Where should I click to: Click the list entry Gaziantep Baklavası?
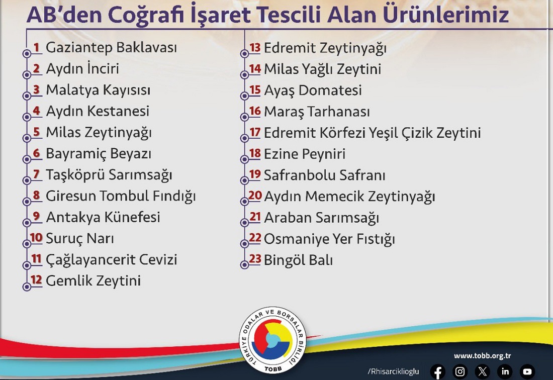112,48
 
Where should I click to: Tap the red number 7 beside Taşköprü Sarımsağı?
36,174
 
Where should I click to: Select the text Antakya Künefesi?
103,217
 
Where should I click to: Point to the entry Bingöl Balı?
298,260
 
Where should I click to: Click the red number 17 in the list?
255,132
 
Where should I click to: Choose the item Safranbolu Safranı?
324,175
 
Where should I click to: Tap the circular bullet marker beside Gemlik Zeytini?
27,287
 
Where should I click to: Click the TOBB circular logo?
272,340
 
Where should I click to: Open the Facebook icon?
438,371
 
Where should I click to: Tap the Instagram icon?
460,371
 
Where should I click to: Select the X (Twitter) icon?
483,371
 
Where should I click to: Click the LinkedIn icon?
505,371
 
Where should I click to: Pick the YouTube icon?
527,371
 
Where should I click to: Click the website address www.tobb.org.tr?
483,356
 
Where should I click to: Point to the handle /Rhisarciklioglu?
393,371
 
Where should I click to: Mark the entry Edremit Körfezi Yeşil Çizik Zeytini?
373,133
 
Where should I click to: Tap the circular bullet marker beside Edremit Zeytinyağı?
244,54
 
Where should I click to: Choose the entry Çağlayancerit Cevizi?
112,260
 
